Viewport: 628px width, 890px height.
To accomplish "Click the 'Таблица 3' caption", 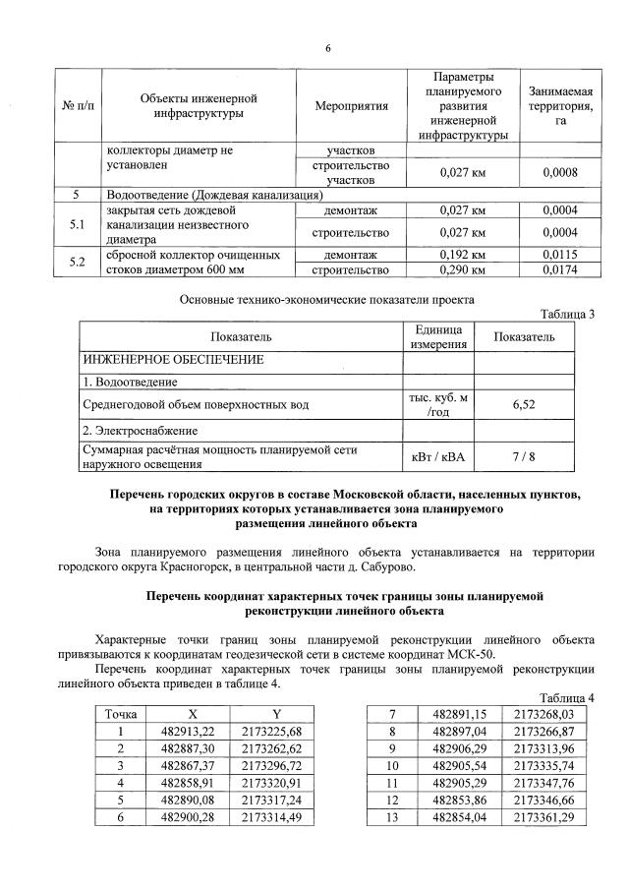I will coord(567,315).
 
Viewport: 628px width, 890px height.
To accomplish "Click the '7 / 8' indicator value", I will coord(523,456).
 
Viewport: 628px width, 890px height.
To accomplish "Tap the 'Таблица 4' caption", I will coord(567,697).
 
